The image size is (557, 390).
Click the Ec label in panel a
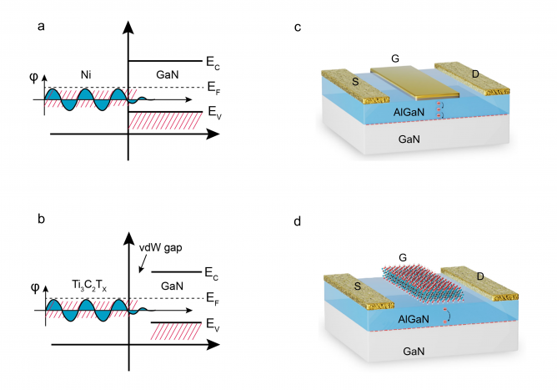click(214, 62)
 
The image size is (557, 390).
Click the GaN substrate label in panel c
click(412, 143)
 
